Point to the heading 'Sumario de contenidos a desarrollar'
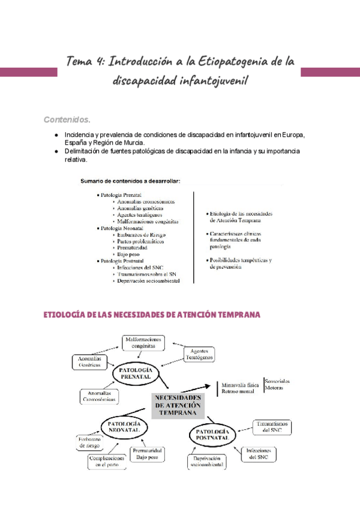pyautogui.click(x=130, y=181)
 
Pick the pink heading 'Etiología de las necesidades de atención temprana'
pyautogui.click(x=152, y=315)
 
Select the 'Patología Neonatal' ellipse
pyautogui.click(x=124, y=427)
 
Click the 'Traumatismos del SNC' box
pyautogui.click(x=271, y=427)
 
